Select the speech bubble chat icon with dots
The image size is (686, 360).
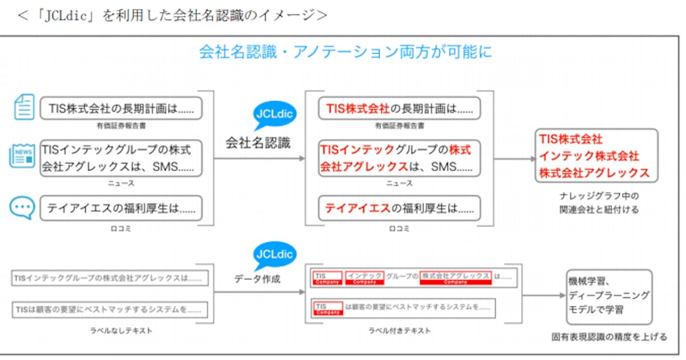23,207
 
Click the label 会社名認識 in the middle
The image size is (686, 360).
257,143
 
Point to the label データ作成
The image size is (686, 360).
257,279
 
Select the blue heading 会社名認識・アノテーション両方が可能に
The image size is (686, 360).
345,52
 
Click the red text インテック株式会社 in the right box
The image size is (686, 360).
589,155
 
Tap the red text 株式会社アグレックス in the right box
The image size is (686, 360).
595,172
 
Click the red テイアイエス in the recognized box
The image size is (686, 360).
357,209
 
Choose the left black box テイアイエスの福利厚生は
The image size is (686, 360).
121,209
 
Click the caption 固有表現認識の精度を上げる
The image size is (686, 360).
609,337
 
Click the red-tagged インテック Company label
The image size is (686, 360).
364,278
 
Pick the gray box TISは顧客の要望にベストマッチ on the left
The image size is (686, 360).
110,310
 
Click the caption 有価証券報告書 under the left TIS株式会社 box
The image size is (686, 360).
121,125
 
